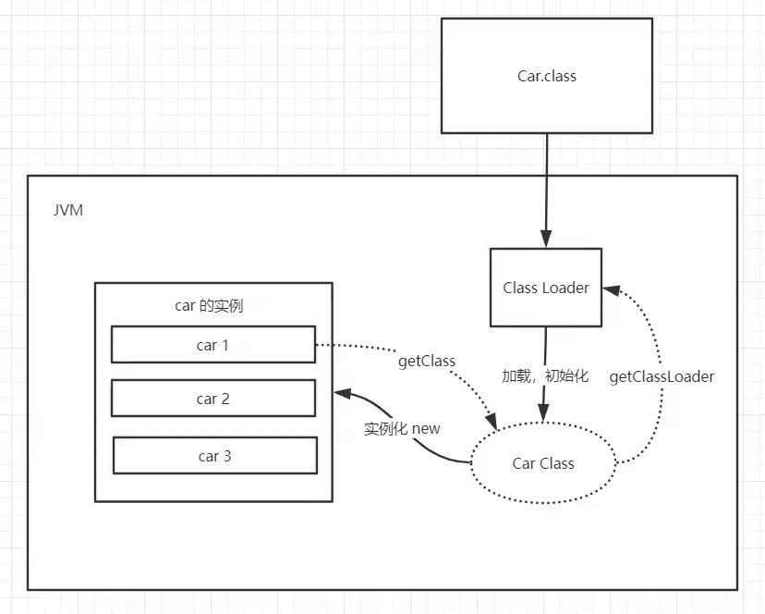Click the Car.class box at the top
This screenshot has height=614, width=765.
click(x=546, y=76)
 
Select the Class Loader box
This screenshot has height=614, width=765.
click(x=545, y=288)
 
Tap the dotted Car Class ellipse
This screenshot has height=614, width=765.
click(x=543, y=463)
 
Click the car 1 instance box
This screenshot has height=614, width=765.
click(x=213, y=345)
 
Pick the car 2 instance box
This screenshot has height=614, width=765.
click(x=213, y=399)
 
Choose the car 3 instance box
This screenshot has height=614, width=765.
click(x=214, y=456)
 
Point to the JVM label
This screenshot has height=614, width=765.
click(x=67, y=211)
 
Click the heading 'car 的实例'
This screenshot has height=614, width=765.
click(x=209, y=307)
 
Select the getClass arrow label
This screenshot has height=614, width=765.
click(x=427, y=361)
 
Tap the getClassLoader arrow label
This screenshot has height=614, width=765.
click(x=662, y=377)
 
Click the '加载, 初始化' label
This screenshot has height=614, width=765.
click(x=545, y=377)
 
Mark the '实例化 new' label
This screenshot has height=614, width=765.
click(x=402, y=428)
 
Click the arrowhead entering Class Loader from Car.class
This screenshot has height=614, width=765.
click(x=546, y=240)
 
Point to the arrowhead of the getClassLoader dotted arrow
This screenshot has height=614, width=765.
click(x=610, y=289)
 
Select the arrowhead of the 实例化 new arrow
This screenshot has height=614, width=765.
click(x=340, y=392)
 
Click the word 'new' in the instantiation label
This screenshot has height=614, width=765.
click(x=426, y=428)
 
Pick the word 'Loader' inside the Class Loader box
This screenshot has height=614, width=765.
click(x=566, y=288)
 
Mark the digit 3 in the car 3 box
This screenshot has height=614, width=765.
click(x=227, y=456)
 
